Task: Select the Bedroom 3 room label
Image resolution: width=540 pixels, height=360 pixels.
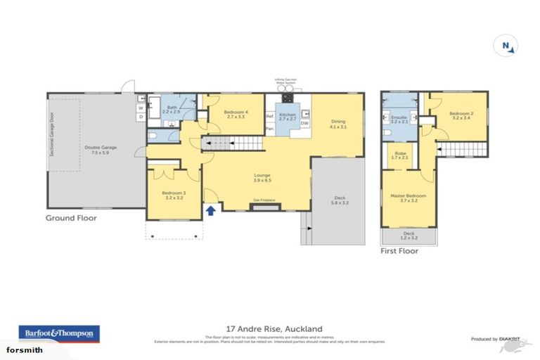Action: click(x=174, y=195)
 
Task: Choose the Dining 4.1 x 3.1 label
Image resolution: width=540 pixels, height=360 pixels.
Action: click(x=339, y=124)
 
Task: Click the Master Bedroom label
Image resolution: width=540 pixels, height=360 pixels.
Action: click(x=409, y=197)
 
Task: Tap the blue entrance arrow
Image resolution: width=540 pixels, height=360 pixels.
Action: click(x=210, y=210)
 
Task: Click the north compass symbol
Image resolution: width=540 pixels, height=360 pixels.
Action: click(x=505, y=45)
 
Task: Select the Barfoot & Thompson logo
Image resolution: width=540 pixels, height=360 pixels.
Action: click(x=59, y=333)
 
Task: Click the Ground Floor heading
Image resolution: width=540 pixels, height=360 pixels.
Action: click(x=71, y=218)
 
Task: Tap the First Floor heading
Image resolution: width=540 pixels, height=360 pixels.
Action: click(x=399, y=250)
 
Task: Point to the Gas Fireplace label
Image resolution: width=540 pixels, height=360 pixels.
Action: click(x=265, y=200)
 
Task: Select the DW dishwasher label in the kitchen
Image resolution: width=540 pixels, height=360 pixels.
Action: click(x=304, y=124)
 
